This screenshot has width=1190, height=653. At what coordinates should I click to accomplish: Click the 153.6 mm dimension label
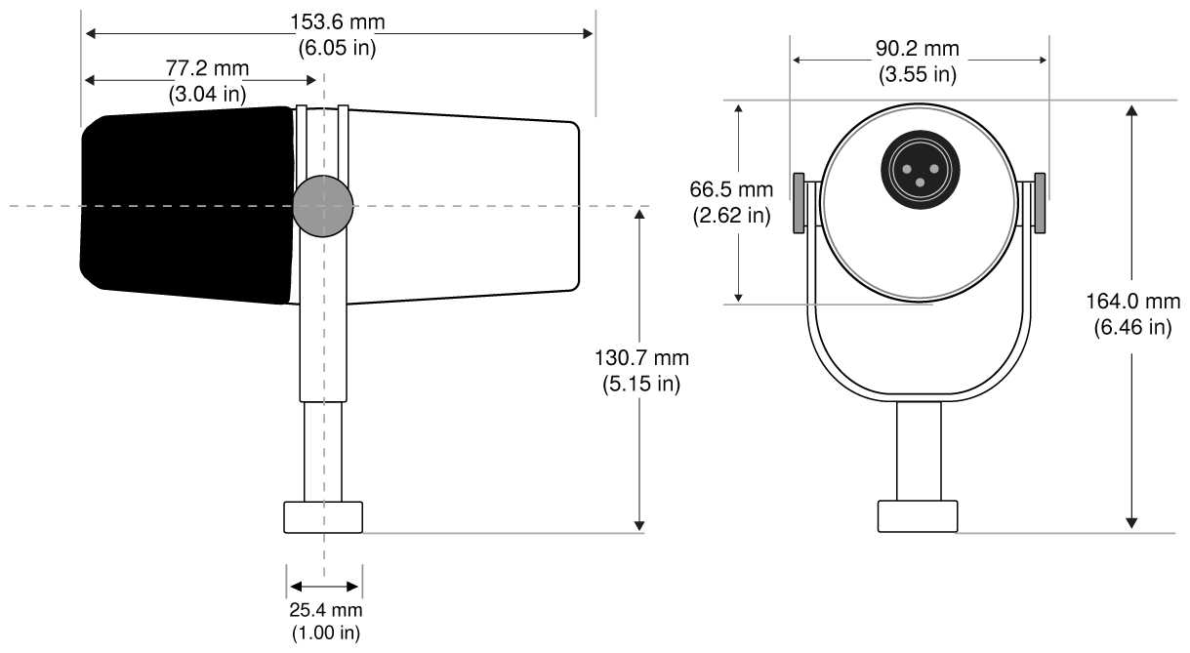(337, 21)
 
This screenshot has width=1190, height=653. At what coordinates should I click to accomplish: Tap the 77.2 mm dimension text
(208, 68)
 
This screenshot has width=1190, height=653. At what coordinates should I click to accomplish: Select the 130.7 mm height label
(639, 358)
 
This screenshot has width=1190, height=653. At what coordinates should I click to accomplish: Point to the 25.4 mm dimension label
(326, 611)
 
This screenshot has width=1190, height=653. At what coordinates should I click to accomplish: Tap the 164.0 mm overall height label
(1132, 302)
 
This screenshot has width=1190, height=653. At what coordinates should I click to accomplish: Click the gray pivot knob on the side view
(323, 206)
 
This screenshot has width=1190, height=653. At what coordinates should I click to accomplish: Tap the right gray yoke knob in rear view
(1040, 204)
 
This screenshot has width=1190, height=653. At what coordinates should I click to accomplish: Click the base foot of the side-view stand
(323, 516)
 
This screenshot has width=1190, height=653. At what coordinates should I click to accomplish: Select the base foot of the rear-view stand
(917, 516)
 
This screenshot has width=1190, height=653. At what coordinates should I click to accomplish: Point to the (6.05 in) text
(337, 46)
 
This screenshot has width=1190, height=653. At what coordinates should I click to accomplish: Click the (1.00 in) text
(326, 633)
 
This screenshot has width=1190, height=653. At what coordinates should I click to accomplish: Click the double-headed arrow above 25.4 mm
(325, 587)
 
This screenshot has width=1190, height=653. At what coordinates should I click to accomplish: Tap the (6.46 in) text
(1132, 327)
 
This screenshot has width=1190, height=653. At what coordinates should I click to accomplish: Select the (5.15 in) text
(639, 384)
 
